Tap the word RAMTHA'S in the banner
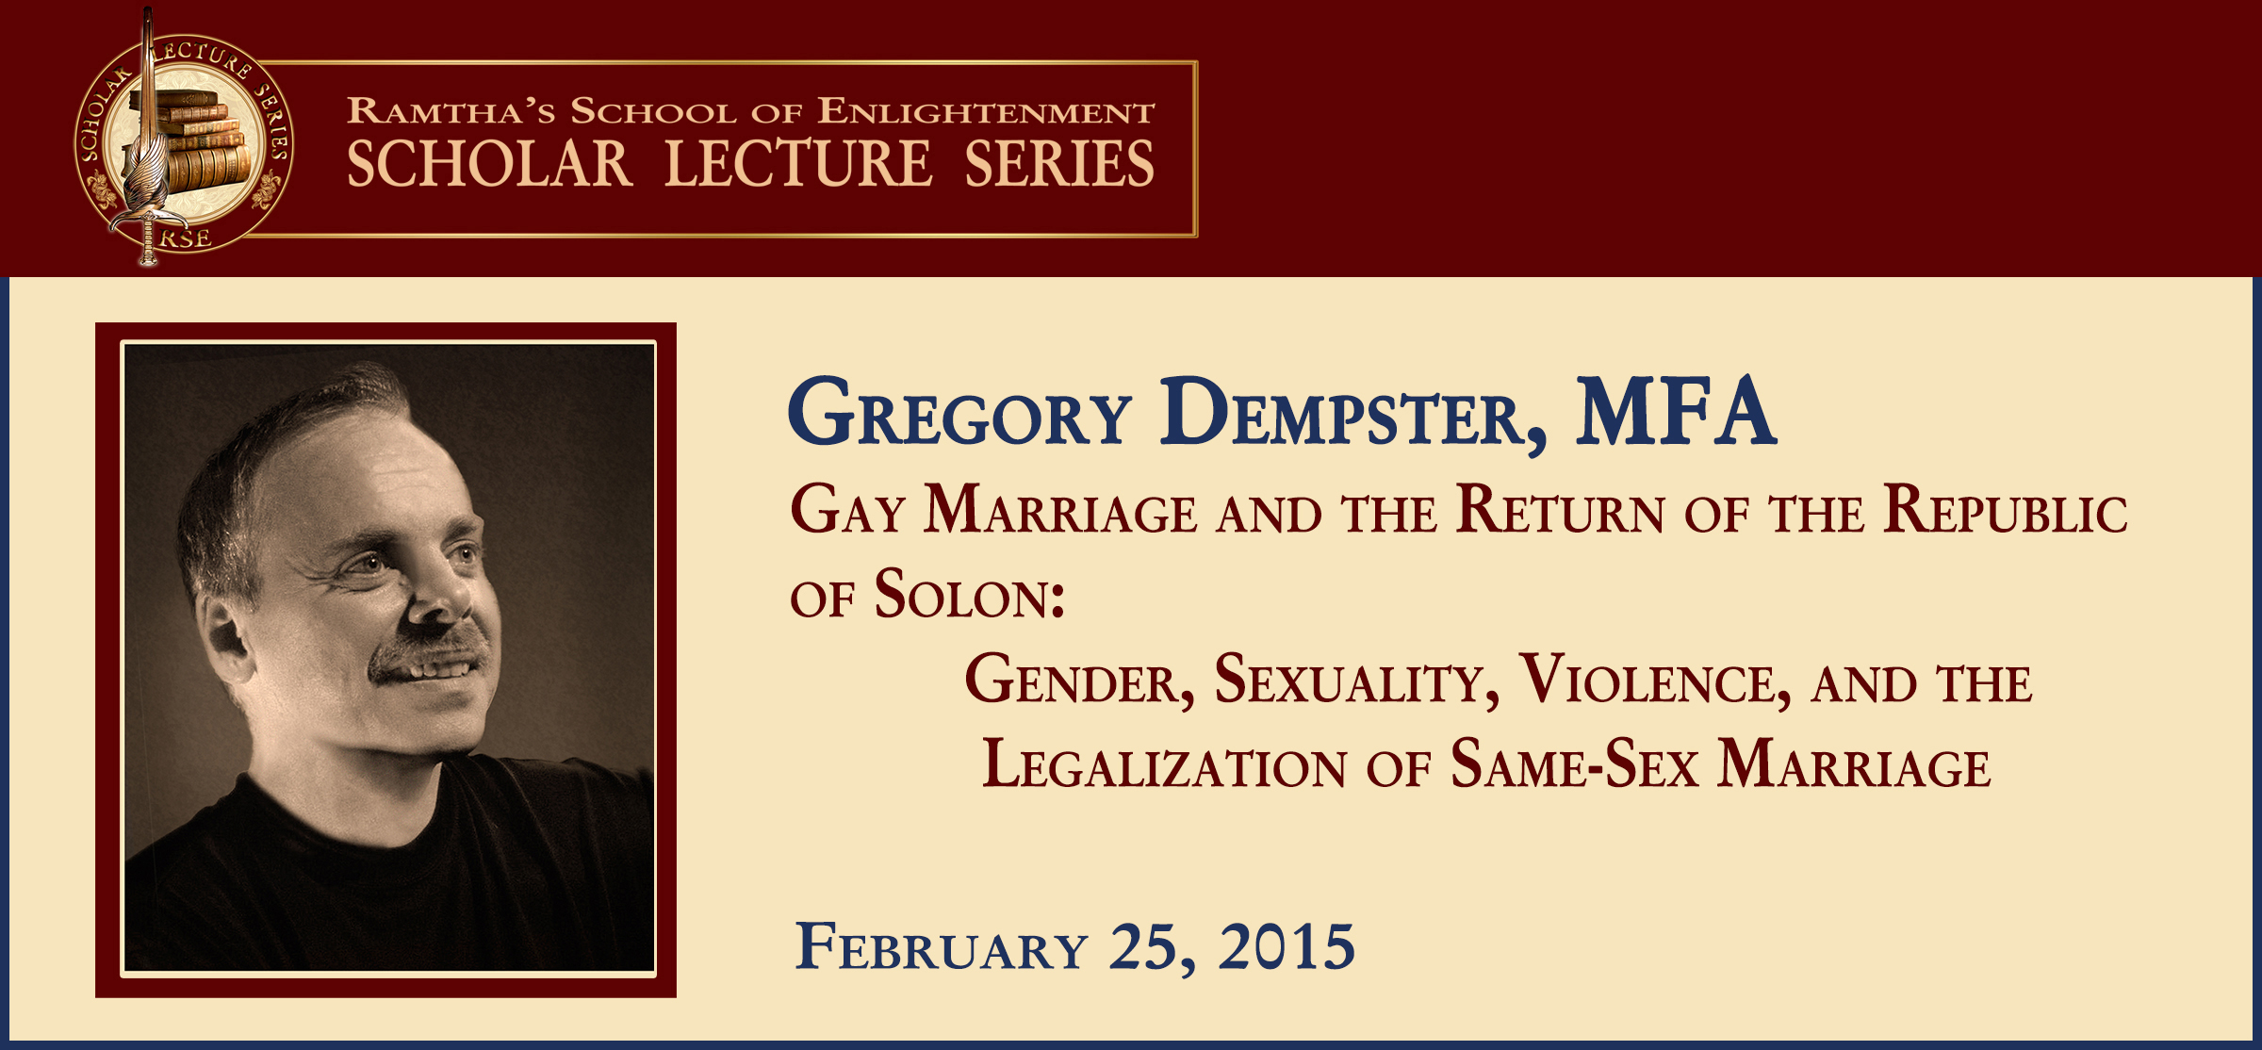(451, 111)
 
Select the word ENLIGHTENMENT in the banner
(985, 111)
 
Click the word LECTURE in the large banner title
(799, 163)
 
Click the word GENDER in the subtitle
(1080, 680)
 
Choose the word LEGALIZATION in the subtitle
(1165, 763)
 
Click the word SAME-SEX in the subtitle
(1574, 763)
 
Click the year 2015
(1287, 946)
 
